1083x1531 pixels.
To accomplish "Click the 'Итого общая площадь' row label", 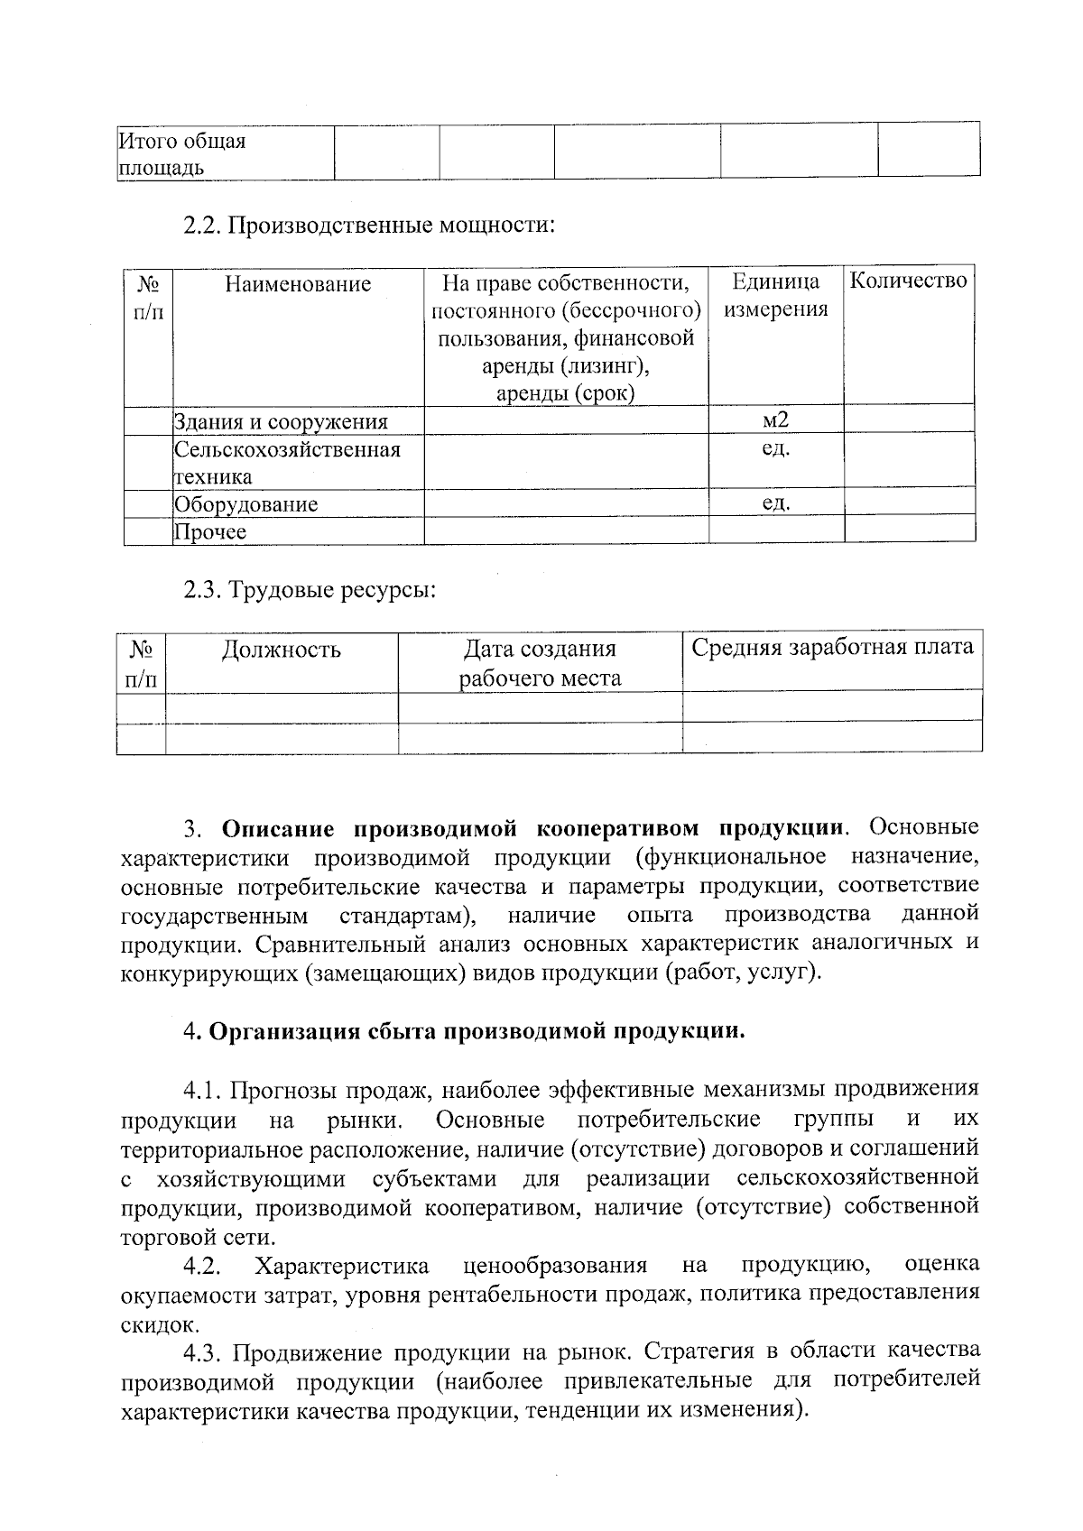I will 182,154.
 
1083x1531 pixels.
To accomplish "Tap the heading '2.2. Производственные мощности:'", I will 368,224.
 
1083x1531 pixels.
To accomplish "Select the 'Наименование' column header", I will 298,284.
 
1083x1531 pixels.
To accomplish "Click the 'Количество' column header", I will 909,281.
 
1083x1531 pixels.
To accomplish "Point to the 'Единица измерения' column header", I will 775,296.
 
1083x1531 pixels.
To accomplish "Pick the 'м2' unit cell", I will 775,420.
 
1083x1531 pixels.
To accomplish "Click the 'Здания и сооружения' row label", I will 281,421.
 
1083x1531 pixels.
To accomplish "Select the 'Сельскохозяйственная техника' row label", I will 286,462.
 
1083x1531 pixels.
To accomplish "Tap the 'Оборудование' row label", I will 245,504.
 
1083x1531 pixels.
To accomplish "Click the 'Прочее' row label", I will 210,531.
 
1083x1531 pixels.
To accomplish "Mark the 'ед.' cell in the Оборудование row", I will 775,503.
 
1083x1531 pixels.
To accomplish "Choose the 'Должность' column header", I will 282,650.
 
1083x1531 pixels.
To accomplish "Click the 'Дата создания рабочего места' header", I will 540,663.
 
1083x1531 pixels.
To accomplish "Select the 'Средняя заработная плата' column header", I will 831,648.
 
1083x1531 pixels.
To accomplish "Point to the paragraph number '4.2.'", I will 202,1267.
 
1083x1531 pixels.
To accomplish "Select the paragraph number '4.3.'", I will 202,1352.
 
